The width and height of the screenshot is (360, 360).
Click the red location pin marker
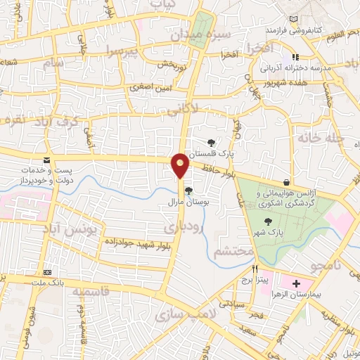pos(181,165)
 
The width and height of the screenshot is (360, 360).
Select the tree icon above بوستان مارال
pos(188,190)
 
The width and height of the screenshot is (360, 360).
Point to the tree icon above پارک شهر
pos(270,219)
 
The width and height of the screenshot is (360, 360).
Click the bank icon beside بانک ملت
pos(48,271)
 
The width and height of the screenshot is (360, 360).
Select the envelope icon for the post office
pos(46,160)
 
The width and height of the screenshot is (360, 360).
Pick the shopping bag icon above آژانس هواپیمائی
pos(285,182)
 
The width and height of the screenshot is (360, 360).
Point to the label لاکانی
pos(203,108)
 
